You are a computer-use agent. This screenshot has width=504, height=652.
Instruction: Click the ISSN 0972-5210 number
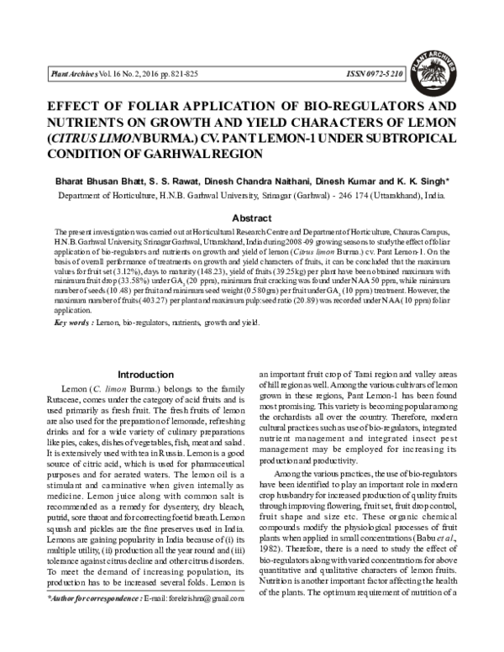tap(376, 75)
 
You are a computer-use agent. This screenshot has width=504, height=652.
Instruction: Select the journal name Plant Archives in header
tap(71, 75)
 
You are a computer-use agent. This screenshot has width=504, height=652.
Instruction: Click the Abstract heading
tap(251, 216)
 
